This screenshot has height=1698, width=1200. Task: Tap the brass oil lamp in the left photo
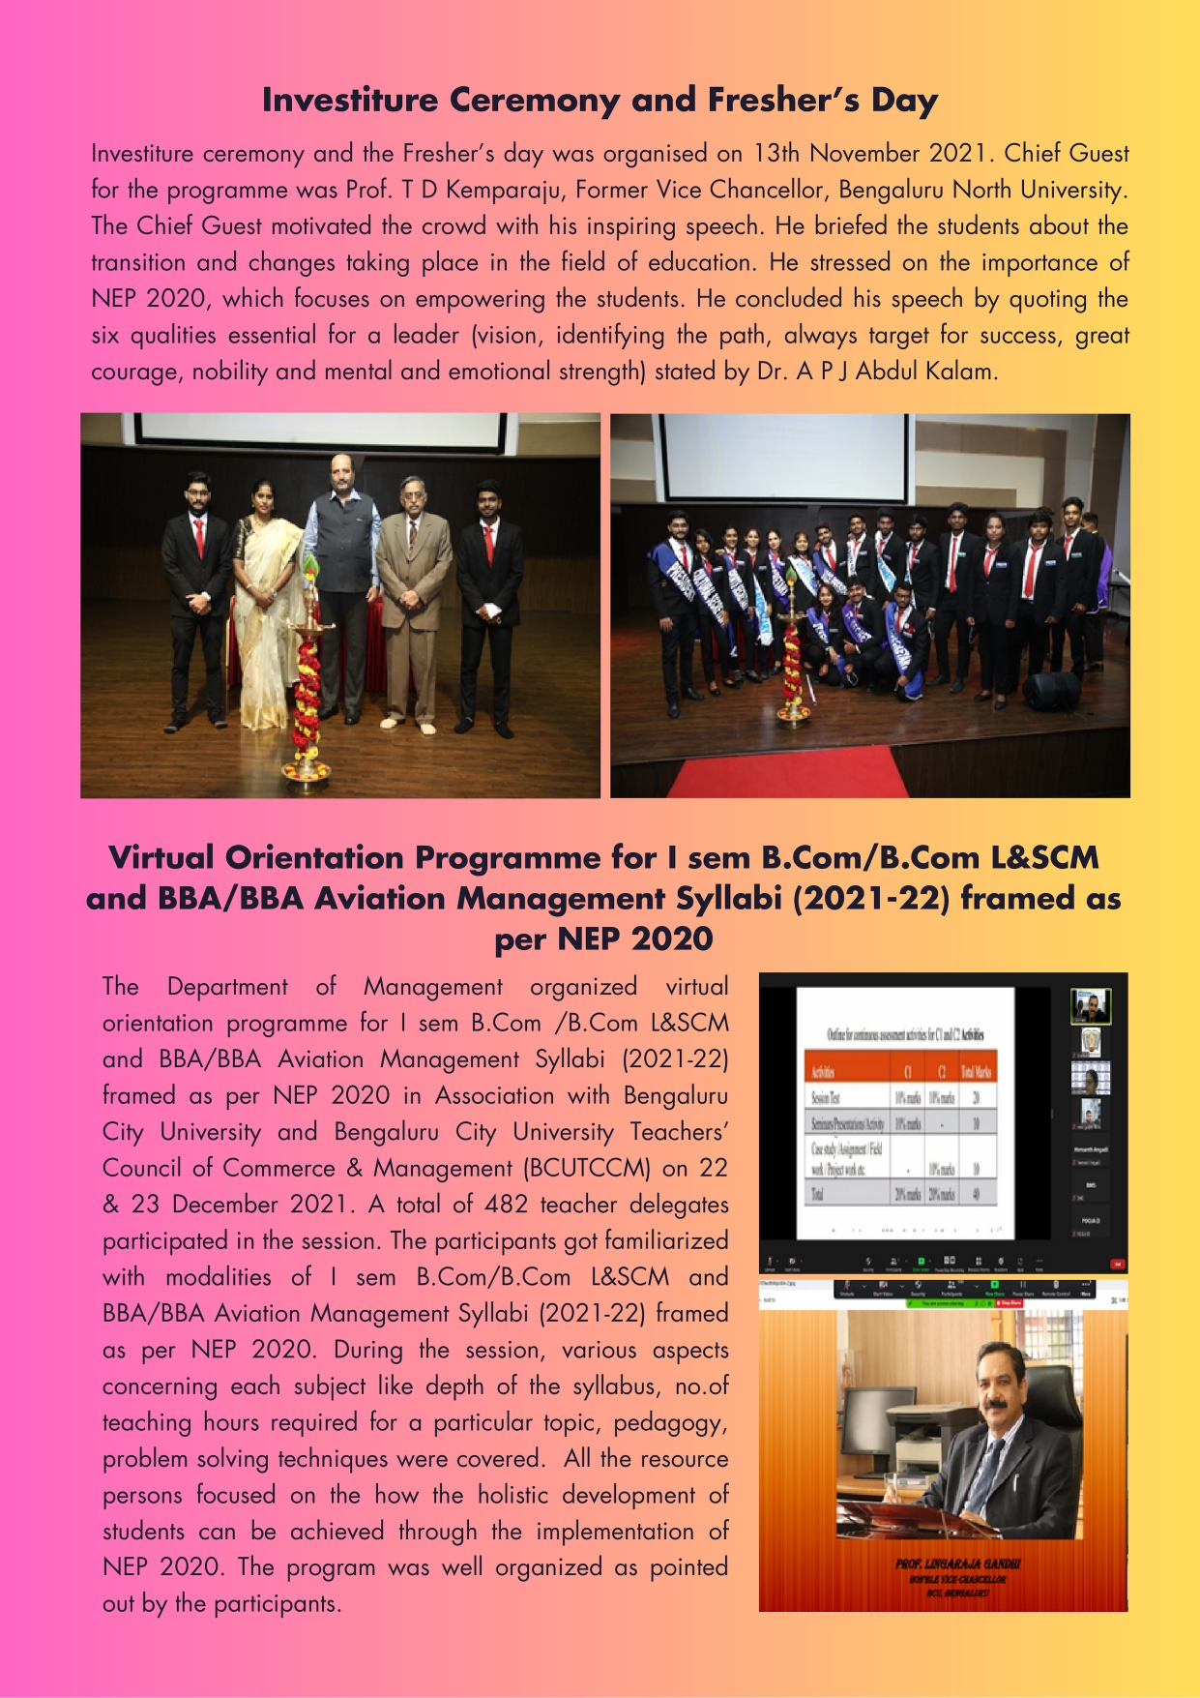307,677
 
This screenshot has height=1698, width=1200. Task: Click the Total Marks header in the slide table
975,1072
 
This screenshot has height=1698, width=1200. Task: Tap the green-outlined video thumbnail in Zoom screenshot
1090,1006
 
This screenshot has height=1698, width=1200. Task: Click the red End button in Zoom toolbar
1117,1264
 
